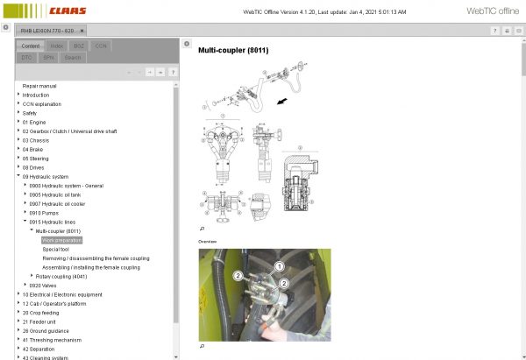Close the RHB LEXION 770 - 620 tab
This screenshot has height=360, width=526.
pos(82,30)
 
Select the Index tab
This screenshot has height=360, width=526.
pos(56,45)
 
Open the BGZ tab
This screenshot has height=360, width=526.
pos(79,45)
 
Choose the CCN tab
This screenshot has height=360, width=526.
pos(102,45)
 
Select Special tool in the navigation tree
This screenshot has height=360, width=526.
pos(60,249)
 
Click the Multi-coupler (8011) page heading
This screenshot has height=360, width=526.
pos(233,50)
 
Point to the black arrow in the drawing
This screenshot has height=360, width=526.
pos(281,101)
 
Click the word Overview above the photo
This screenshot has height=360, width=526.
pos(207,241)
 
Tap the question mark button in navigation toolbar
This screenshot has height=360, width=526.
pos(172,72)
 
